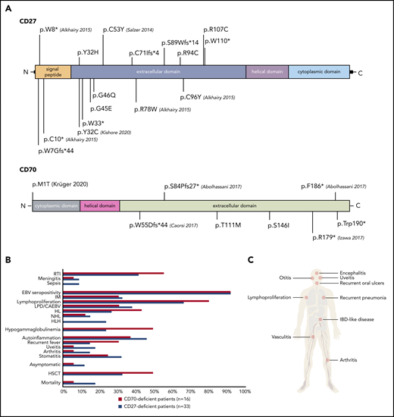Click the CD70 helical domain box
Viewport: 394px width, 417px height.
(x=100, y=205)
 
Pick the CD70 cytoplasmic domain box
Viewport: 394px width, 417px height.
(x=56, y=205)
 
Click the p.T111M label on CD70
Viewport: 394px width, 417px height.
(x=228, y=224)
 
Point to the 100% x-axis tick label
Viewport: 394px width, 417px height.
(x=242, y=392)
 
